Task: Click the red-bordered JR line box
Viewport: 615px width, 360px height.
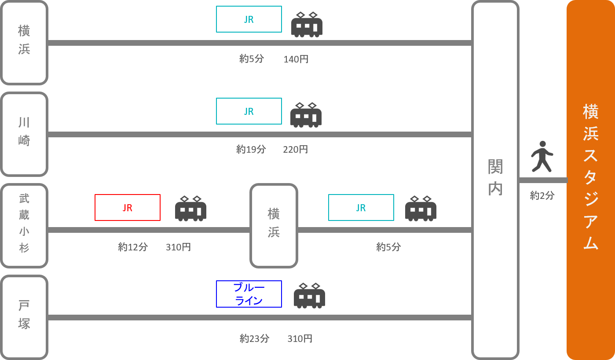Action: click(128, 207)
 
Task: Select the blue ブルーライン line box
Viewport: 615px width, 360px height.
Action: click(249, 294)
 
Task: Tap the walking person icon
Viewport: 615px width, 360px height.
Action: click(542, 157)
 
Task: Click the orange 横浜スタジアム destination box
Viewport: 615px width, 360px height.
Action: click(590, 180)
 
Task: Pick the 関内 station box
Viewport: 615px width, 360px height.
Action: click(495, 180)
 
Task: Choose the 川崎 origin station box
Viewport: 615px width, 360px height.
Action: click(24, 134)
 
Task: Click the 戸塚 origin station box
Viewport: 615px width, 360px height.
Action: click(24, 317)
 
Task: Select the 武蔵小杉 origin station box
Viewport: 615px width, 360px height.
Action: click(24, 225)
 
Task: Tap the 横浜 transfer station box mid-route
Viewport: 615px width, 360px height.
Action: click(274, 225)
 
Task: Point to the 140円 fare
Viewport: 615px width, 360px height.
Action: click(296, 59)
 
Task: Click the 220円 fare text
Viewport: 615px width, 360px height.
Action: click(295, 150)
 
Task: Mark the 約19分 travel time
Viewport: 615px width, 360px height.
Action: click(251, 150)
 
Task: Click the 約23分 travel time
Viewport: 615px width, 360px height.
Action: click(254, 338)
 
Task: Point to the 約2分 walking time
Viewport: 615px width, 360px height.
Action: click(542, 195)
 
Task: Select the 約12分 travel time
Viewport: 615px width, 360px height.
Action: click(133, 247)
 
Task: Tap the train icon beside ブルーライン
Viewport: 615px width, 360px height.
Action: click(309, 295)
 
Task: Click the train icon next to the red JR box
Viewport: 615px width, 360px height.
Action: click(190, 208)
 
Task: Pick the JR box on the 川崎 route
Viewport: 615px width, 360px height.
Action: click(249, 111)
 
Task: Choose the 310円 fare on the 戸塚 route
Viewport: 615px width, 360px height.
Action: click(300, 338)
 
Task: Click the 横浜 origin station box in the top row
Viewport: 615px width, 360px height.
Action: click(24, 43)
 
